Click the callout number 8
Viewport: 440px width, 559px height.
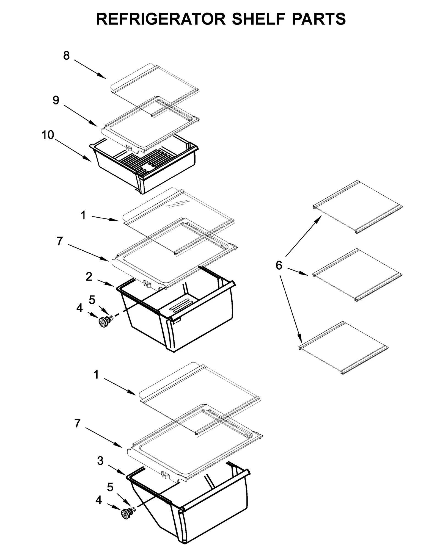(x=66, y=56)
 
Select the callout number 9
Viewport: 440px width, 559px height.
(x=56, y=100)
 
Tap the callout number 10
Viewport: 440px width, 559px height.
(x=48, y=135)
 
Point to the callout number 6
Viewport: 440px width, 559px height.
(x=279, y=265)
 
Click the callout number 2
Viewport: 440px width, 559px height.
(x=89, y=277)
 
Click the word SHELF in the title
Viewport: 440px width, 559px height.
(x=257, y=19)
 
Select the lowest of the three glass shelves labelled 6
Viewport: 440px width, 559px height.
(x=344, y=348)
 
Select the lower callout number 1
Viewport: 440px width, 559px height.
(x=96, y=374)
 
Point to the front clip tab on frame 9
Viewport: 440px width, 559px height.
(x=128, y=148)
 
